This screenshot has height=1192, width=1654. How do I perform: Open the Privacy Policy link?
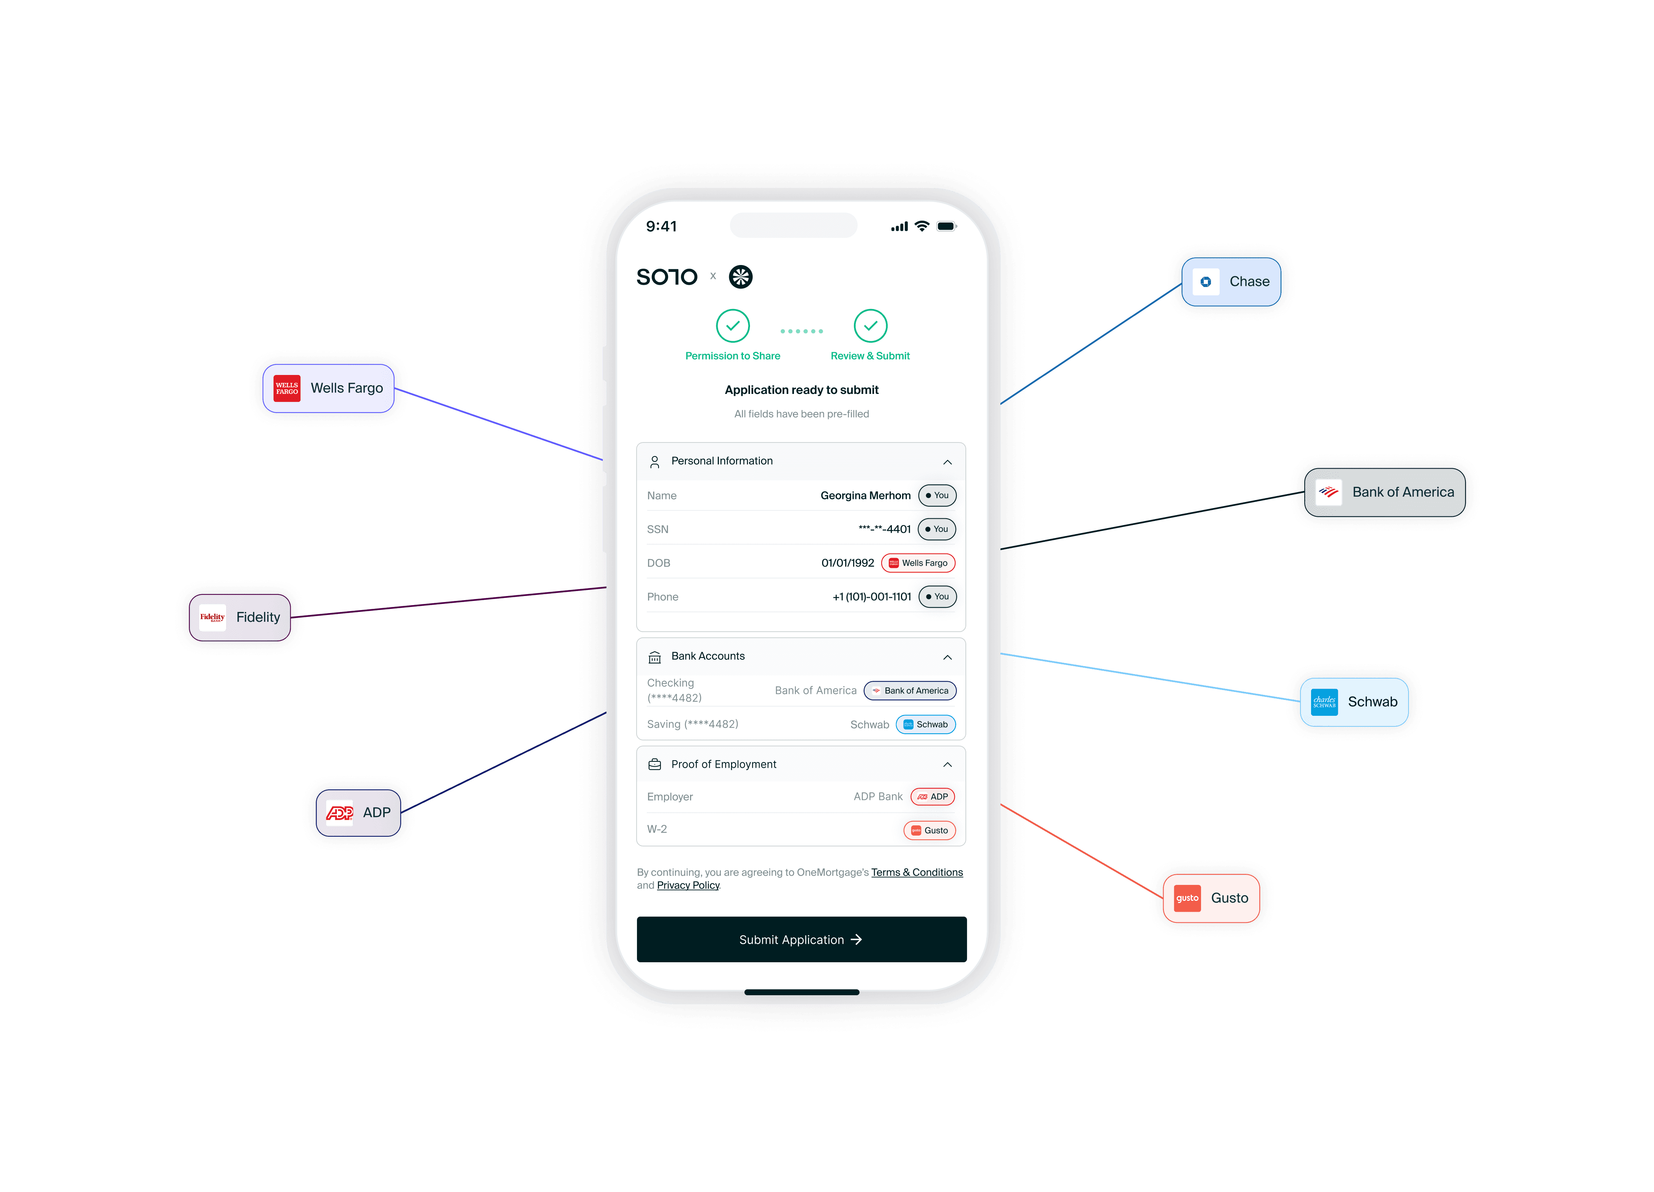[x=688, y=885]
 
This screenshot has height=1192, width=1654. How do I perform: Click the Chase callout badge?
[x=1231, y=281]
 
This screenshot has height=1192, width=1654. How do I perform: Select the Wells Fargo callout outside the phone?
[x=328, y=388]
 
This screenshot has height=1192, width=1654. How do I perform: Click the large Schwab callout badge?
[x=1354, y=701]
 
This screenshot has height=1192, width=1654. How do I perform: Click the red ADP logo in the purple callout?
[x=339, y=812]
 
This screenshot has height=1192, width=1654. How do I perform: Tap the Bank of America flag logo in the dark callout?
[x=1328, y=492]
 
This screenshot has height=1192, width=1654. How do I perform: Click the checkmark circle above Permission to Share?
[x=732, y=326]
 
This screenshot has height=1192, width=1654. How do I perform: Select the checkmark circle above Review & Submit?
[x=870, y=326]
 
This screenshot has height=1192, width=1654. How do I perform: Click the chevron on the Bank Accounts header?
[x=947, y=657]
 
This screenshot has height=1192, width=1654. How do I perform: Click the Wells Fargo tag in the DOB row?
[x=918, y=563]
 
